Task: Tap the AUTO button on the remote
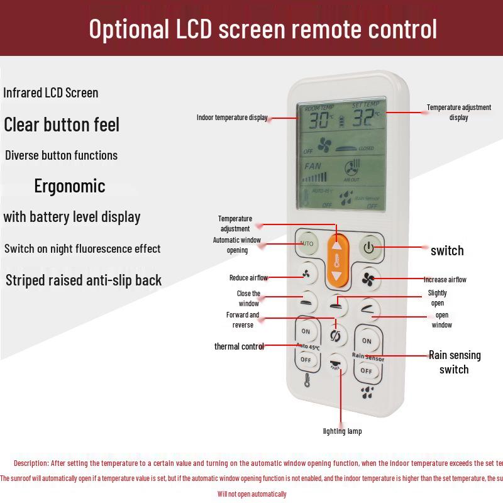(x=307, y=243)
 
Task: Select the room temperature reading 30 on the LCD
(x=320, y=120)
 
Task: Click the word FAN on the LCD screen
(x=312, y=167)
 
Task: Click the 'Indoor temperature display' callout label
(x=232, y=118)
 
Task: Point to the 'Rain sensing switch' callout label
(x=455, y=362)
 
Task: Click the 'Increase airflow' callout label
(x=445, y=280)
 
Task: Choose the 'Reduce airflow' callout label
(x=248, y=278)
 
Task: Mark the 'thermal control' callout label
(x=239, y=346)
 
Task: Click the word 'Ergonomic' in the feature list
(x=70, y=186)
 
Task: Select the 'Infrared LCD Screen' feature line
(x=51, y=93)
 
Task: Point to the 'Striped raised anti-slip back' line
(x=84, y=280)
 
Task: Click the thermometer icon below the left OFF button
(x=307, y=380)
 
